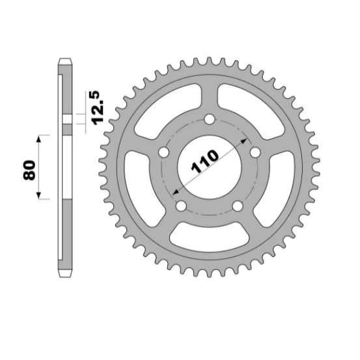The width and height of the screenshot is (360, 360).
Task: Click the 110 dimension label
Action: click(204, 161)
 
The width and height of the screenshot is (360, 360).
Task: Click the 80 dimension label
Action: click(29, 170)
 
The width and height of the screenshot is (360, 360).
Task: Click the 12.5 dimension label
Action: click(96, 108)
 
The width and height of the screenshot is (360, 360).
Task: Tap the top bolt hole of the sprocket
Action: click(210, 119)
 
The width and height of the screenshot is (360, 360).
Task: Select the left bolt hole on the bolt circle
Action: click(163, 152)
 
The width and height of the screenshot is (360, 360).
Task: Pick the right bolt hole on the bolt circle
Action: click(255, 152)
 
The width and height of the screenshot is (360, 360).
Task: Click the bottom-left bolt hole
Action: click(181, 206)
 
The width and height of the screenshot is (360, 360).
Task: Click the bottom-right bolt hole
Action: click(238, 206)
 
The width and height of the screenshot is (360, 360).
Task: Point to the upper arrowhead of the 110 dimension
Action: click(244, 141)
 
